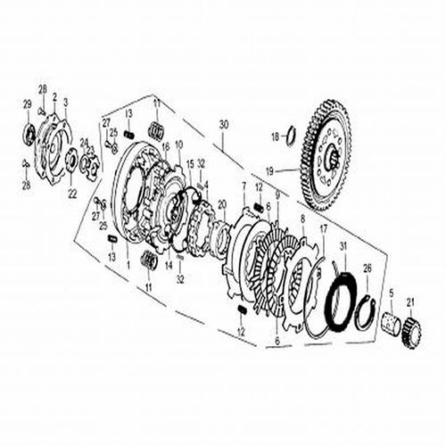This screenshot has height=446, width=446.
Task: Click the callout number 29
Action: click(x=27, y=105)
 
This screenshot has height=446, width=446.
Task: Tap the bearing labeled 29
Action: click(x=29, y=135)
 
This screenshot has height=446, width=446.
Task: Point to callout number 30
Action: click(x=224, y=123)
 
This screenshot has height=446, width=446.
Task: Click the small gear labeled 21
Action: click(x=412, y=332)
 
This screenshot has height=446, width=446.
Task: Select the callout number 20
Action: click(x=223, y=203)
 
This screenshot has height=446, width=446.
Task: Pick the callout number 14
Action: click(x=167, y=264)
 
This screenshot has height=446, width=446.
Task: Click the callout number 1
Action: click(x=128, y=267)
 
